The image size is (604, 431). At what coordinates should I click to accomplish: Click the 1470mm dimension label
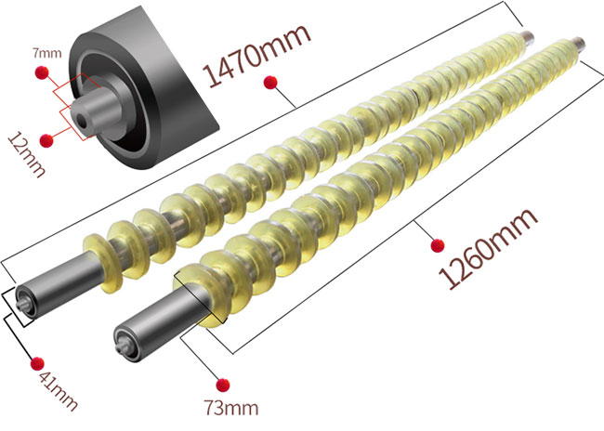(256, 55)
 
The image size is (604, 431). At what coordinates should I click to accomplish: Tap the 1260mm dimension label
(487, 248)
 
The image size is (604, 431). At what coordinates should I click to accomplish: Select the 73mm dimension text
(231, 408)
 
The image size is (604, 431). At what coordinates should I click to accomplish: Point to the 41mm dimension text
(58, 390)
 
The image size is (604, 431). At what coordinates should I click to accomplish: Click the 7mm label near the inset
(46, 53)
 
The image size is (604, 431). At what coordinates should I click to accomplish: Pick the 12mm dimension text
(27, 154)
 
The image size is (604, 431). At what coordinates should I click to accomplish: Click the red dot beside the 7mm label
(42, 72)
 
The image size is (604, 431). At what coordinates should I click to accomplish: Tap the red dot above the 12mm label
(46, 140)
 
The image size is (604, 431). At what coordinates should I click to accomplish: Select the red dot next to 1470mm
(270, 82)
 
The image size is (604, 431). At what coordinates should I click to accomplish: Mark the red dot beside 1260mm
(438, 245)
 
